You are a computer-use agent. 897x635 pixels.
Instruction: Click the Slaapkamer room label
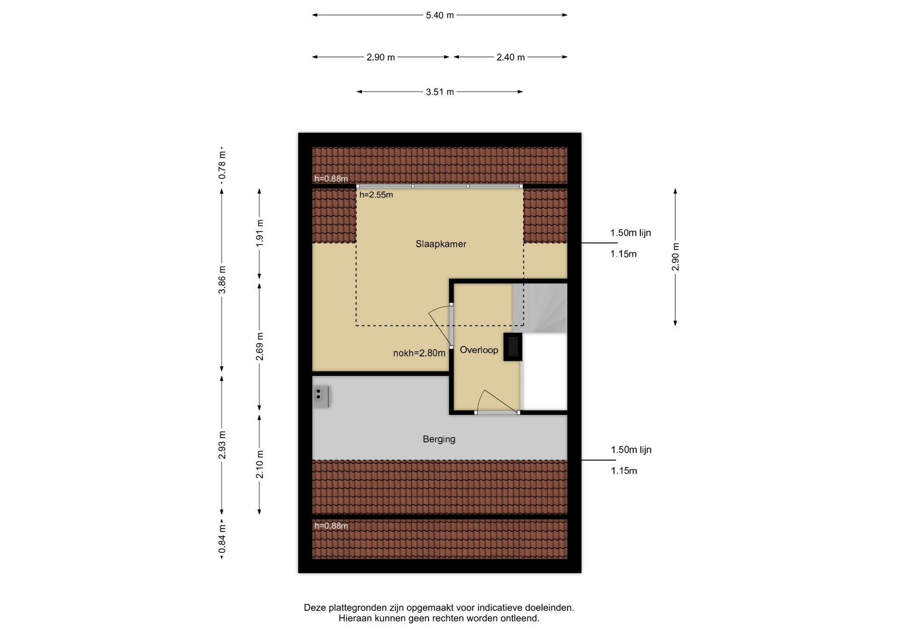pos(441,244)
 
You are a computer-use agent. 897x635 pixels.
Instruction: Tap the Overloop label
pos(479,350)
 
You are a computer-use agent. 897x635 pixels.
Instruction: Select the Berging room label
pos(439,439)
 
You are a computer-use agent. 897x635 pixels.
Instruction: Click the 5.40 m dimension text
pos(440,15)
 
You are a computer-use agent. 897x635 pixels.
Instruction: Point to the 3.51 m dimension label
pos(440,92)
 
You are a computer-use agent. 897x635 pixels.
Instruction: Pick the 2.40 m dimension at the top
pos(511,58)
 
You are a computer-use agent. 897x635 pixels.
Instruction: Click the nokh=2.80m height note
pos(419,353)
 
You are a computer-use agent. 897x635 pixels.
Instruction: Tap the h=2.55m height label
pos(376,195)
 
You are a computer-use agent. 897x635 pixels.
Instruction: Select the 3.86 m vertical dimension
pos(222,280)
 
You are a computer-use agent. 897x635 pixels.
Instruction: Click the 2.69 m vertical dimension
pos(260,346)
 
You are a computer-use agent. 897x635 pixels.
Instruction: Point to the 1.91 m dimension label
pos(260,233)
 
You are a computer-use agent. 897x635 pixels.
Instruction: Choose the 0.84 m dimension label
pos(222,539)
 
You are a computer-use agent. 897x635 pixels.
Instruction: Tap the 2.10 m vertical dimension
pos(260,464)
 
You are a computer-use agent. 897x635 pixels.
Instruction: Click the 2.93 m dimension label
pos(222,445)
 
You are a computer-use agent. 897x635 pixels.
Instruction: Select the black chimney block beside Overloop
pos(513,347)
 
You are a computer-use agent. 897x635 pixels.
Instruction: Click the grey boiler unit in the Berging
pos(321,397)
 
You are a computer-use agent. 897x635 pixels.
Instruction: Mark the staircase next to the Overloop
pos(540,308)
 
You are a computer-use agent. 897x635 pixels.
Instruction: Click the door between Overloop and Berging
pos(497,411)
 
